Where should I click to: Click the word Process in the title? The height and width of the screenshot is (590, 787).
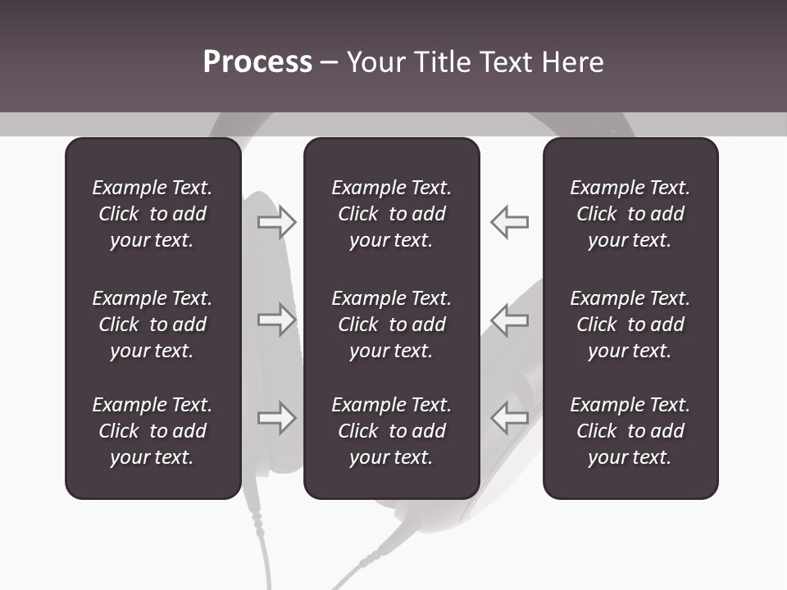coord(257,62)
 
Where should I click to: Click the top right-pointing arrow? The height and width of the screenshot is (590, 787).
coord(276,222)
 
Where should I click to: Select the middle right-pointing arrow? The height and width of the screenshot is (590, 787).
coord(276,320)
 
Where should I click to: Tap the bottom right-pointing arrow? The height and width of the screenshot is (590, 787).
coord(276,418)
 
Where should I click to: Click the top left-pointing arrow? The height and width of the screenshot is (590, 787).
coord(509,222)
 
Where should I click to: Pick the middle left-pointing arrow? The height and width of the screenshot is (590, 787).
coord(509,320)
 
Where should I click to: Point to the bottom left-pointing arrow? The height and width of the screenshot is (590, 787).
coord(509,418)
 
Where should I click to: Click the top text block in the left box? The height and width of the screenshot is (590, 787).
coord(152,214)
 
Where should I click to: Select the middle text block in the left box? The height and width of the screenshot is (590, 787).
coord(152,324)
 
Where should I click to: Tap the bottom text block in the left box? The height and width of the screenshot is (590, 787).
coord(152,431)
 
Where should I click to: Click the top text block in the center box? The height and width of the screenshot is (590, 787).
coord(391,214)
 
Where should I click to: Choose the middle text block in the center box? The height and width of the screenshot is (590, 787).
coord(391,324)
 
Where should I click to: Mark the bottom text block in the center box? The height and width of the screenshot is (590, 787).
coord(391,431)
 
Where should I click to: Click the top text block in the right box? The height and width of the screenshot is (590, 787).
coord(630,214)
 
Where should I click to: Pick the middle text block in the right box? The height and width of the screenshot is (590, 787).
coord(630,324)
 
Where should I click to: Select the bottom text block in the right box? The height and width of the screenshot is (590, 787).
coord(630,431)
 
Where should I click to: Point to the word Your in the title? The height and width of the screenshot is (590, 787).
coord(374,62)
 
